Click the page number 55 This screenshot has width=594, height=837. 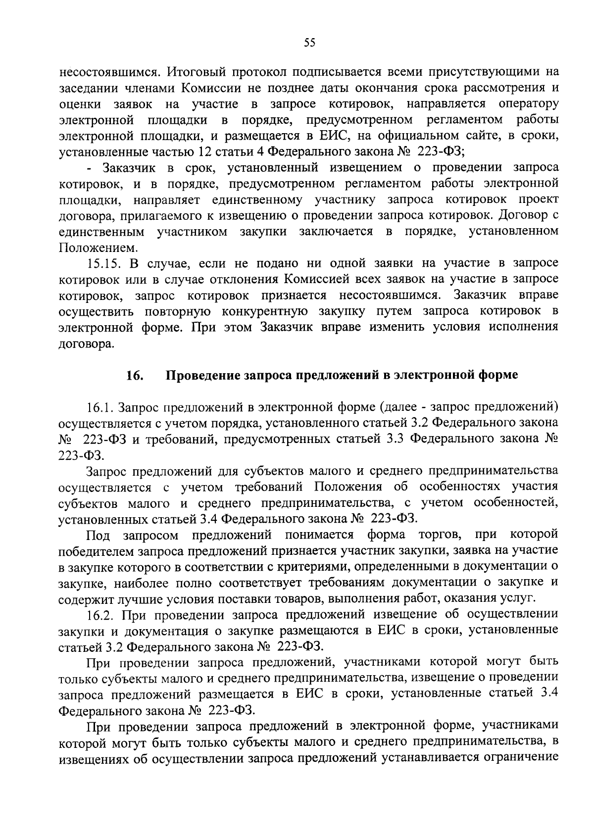click(309, 43)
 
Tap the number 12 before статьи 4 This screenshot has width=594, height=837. click(204, 151)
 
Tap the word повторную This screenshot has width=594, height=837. click(178, 311)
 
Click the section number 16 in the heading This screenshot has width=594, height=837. click(135, 376)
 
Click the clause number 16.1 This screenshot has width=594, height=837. click(100, 407)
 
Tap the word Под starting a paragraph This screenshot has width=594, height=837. click(98, 535)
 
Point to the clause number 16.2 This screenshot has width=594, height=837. click(101, 615)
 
